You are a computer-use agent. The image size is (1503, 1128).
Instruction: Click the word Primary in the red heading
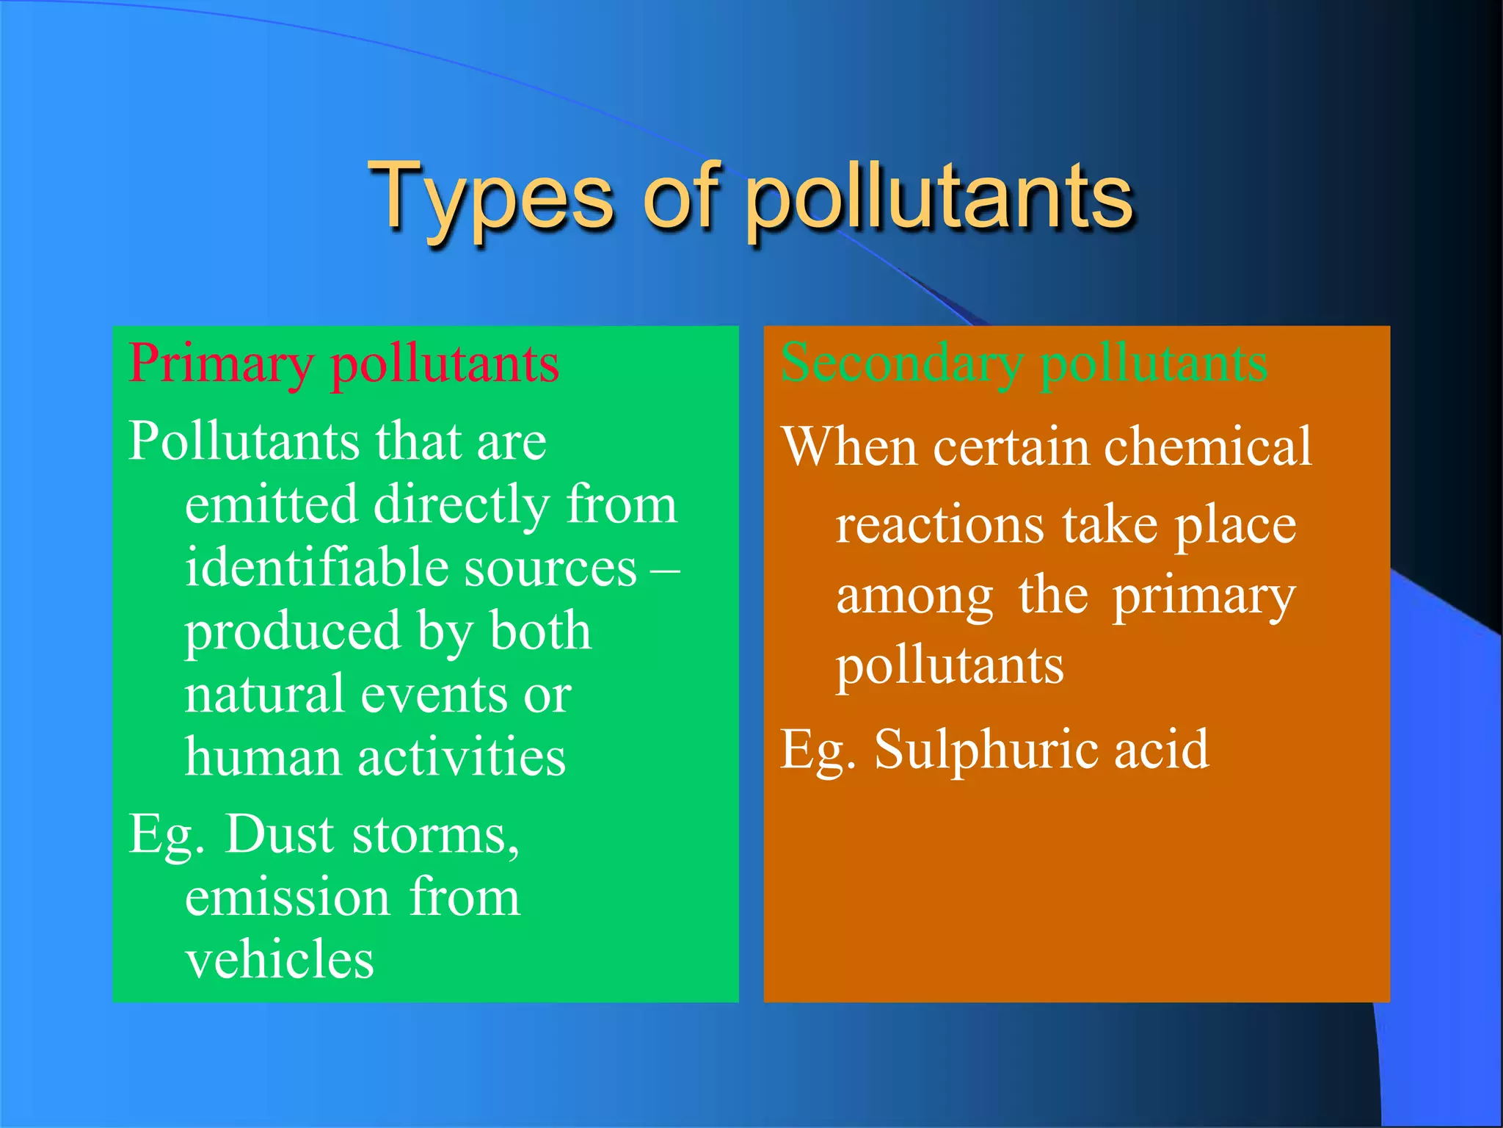[221, 365]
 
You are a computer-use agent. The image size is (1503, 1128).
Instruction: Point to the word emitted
[272, 505]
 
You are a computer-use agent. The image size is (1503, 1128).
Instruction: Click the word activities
[462, 758]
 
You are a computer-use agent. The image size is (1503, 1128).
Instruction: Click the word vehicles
[279, 961]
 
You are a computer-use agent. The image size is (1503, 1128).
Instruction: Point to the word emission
[287, 898]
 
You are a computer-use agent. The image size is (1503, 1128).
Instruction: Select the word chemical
[1207, 446]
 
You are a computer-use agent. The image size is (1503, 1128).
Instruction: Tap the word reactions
[940, 526]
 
